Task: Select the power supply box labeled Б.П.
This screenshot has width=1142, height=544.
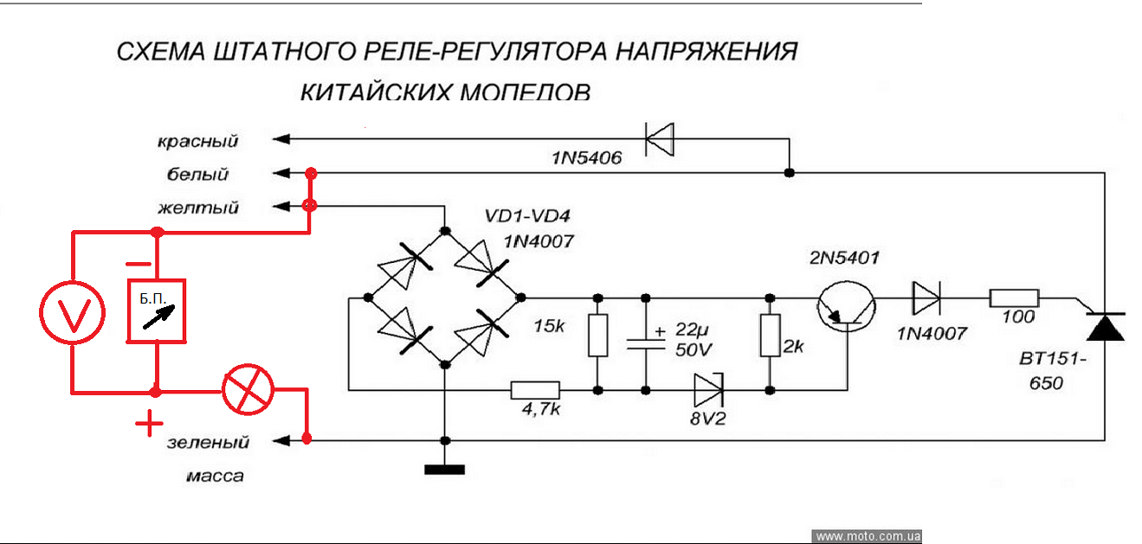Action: [157, 310]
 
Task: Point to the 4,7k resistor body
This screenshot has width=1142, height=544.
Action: [535, 390]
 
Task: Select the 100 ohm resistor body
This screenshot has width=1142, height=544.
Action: [1014, 298]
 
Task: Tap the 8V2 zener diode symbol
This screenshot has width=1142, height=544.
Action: [708, 390]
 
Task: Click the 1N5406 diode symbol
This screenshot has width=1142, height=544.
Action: [660, 138]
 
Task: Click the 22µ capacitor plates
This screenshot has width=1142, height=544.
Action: [645, 342]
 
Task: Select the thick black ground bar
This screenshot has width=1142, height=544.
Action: [444, 470]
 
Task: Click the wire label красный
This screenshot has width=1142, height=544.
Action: [197, 141]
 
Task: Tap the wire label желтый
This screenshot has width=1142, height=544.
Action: [198, 208]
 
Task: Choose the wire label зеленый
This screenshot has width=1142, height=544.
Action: [208, 443]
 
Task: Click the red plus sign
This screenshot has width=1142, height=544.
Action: [149, 424]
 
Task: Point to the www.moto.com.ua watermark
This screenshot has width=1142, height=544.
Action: [868, 536]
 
